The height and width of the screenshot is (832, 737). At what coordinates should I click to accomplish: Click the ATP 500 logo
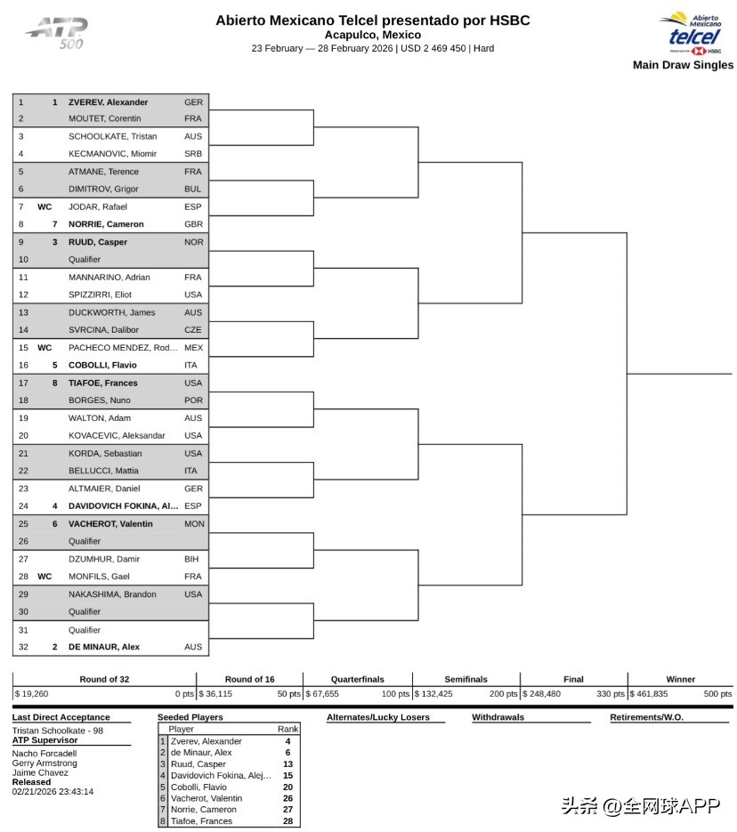(56, 33)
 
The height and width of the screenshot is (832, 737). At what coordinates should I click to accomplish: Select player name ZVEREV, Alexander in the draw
(108, 102)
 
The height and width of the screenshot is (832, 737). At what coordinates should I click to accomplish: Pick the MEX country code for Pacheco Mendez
(193, 348)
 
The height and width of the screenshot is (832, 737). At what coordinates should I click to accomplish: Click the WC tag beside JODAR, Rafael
(45, 207)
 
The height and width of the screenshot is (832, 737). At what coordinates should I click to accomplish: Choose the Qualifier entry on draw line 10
(85, 260)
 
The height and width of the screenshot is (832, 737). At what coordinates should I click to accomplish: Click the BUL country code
(193, 190)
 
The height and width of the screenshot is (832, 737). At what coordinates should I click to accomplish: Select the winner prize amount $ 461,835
(649, 694)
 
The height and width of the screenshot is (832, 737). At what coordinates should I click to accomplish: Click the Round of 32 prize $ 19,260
(32, 694)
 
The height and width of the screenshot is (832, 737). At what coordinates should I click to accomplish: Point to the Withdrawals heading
(498, 717)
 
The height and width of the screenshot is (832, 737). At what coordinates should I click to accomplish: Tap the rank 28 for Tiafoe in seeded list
(288, 821)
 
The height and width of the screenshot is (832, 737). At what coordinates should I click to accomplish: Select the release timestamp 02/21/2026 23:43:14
(53, 791)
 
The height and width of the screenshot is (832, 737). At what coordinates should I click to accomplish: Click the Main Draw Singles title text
(683, 65)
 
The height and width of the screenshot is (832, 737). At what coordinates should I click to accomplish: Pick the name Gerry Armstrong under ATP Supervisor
(45, 763)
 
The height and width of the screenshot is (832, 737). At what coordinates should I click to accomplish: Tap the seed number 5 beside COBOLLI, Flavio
(54, 366)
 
